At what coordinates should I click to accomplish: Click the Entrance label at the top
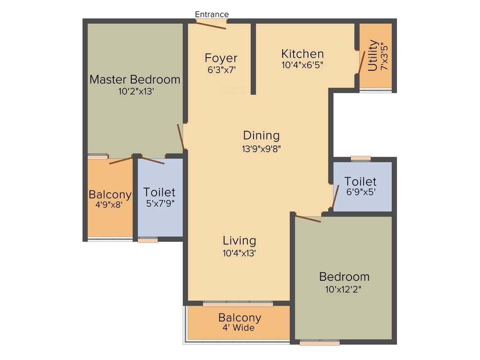(212, 15)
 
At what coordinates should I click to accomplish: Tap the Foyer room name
(221, 58)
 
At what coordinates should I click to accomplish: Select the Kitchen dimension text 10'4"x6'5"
(302, 65)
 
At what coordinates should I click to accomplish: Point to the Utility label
(373, 55)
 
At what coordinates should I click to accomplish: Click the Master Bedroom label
(135, 79)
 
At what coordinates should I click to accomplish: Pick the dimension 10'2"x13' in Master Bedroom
(136, 91)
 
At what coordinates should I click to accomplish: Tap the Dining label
(261, 135)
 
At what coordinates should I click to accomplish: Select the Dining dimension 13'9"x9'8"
(261, 149)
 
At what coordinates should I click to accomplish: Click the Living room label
(239, 240)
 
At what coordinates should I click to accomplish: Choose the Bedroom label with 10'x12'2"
(344, 276)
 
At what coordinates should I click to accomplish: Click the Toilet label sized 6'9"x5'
(360, 181)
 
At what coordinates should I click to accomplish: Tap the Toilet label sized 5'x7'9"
(159, 192)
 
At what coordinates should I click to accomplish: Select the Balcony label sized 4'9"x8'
(110, 195)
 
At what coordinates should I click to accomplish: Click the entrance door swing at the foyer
(211, 24)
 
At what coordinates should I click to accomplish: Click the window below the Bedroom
(320, 343)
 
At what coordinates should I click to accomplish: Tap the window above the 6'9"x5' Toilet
(360, 158)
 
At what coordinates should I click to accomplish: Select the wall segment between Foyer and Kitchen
(253, 59)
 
